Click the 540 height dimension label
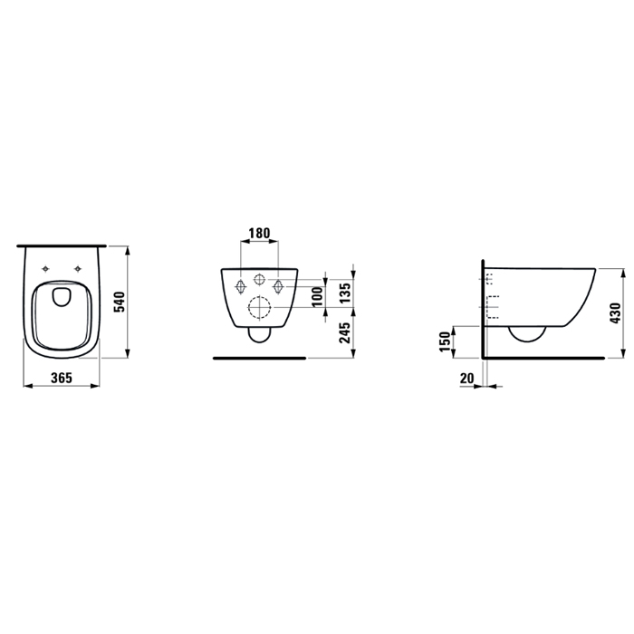coord(118,301)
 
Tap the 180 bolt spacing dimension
coord(259,233)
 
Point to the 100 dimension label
coord(316,296)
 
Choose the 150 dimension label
coord(444,342)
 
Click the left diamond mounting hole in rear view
coord(240,286)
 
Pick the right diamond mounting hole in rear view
coord(279,286)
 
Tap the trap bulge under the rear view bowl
coord(259,337)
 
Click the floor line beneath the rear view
coord(259,359)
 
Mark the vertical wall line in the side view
coord(484,308)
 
